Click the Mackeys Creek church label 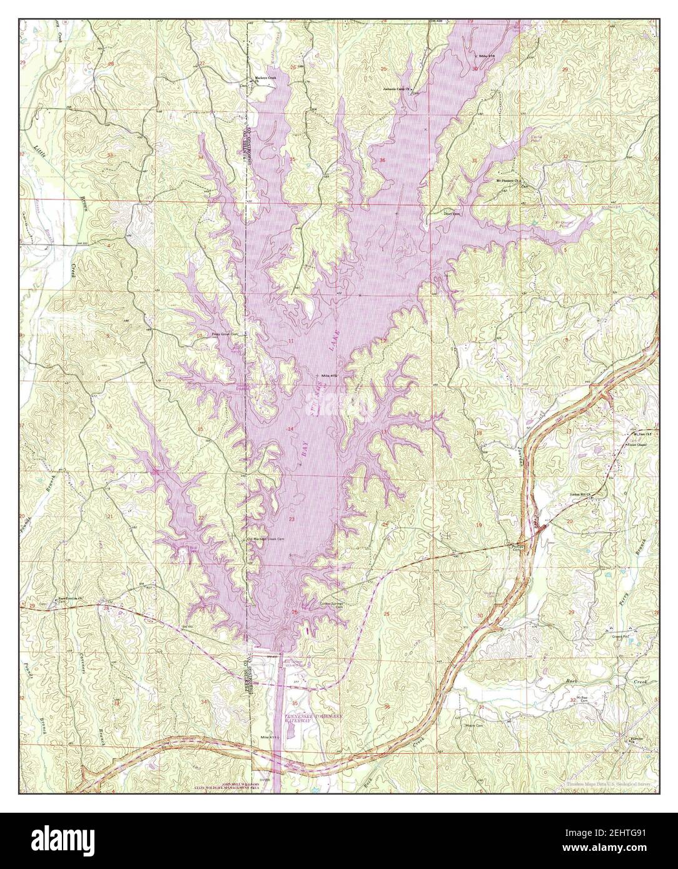click(263, 79)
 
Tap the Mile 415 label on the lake click(329, 375)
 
